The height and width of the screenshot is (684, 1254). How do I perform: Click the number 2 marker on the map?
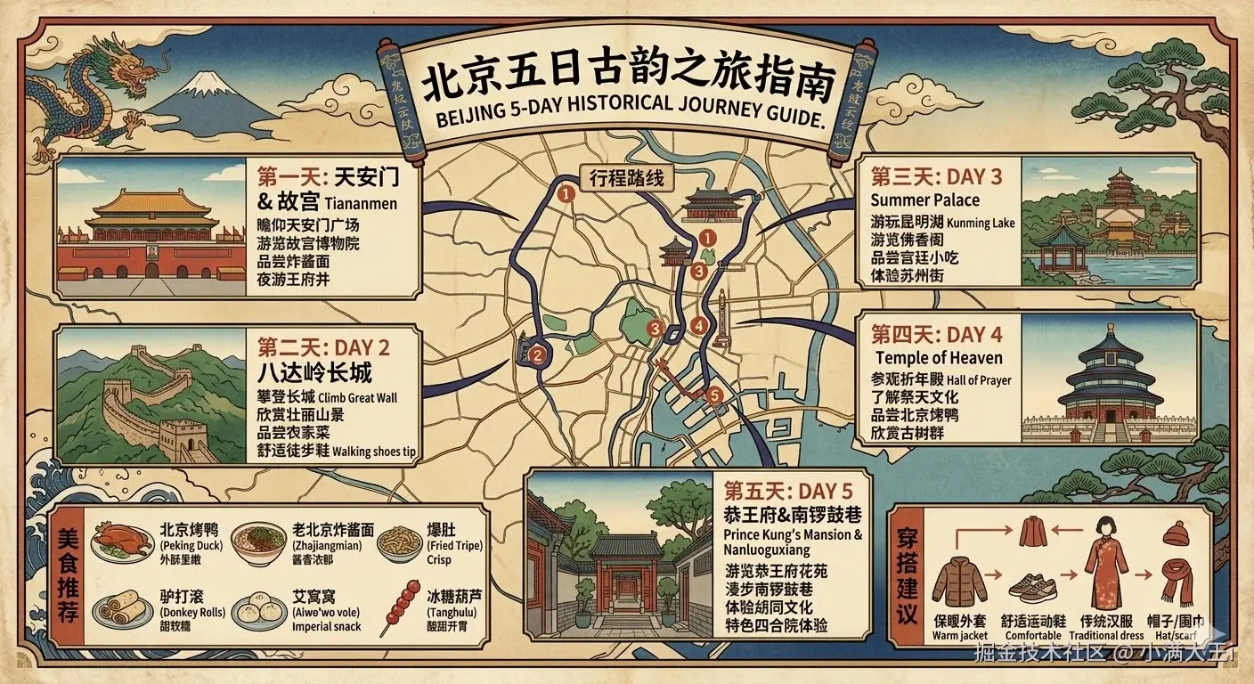click(536, 356)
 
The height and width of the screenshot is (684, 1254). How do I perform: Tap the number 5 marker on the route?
click(711, 395)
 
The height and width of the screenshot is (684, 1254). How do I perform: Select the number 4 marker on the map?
click(699, 326)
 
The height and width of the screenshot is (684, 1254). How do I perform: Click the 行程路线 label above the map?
click(627, 177)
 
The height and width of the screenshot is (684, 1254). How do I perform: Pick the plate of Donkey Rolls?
click(121, 607)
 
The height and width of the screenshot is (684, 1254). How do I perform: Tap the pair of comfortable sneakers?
click(1033, 588)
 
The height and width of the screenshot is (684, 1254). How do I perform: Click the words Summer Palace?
click(924, 199)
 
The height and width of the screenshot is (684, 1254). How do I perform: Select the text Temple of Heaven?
click(938, 358)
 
